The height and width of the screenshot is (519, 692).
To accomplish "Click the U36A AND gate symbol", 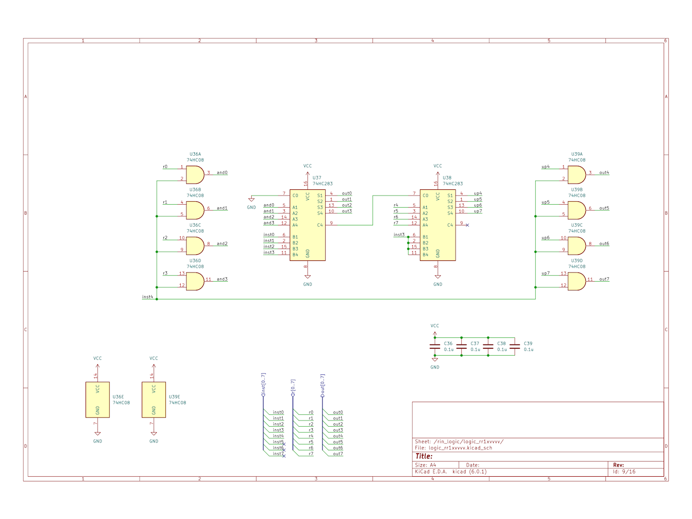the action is click(x=195, y=175).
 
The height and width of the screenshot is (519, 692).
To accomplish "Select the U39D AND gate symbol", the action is click(x=577, y=282).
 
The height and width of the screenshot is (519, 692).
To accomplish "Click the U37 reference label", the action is click(x=317, y=178).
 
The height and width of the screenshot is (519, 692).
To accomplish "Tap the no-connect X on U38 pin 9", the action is click(x=467, y=225).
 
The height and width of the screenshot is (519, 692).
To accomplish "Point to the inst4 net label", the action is click(x=147, y=297).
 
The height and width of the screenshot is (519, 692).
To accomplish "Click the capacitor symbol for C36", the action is click(x=435, y=346).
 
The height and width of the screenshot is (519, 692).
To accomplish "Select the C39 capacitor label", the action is click(x=528, y=344).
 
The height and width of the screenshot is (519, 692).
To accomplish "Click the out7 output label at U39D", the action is click(x=604, y=279).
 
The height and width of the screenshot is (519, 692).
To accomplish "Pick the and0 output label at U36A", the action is click(x=222, y=173).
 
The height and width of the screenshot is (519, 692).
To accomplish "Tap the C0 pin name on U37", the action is click(x=295, y=196).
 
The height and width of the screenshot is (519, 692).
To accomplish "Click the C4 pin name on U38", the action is click(x=450, y=225).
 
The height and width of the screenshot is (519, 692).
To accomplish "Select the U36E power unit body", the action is click(x=98, y=399).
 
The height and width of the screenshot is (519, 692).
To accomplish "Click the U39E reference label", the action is click(x=174, y=397).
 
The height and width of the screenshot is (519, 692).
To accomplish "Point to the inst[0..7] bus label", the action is click(x=263, y=384).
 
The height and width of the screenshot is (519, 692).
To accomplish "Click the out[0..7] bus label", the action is click(x=322, y=385).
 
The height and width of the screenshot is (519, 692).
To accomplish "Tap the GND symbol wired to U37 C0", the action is click(x=251, y=199).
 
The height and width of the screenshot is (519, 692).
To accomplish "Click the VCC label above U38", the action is click(x=438, y=166).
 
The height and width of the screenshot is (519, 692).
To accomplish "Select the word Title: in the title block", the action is click(x=424, y=456).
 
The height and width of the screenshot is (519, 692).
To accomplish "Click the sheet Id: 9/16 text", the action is click(x=624, y=471).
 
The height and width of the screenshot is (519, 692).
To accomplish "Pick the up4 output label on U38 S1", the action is click(x=478, y=194).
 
